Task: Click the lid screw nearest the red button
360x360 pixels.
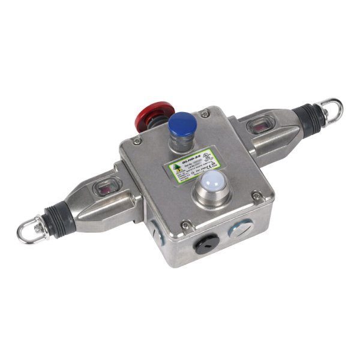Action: tap(137, 142)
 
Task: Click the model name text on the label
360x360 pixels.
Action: tap(187, 154)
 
